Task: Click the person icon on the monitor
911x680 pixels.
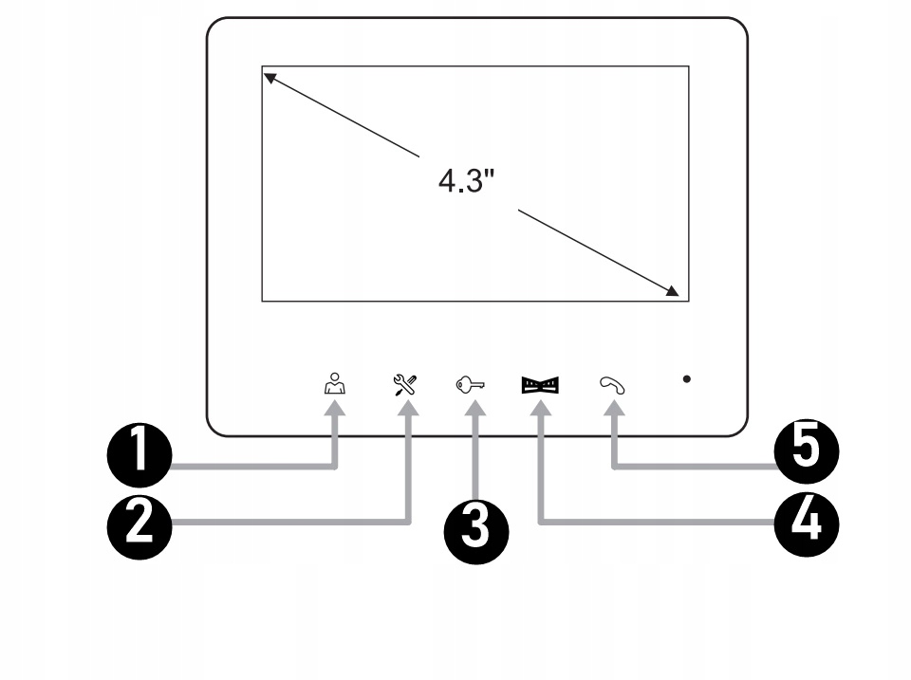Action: [332, 383]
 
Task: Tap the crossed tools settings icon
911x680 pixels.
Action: [406, 383]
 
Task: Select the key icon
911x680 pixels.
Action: [472, 384]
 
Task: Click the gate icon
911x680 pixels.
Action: [540, 384]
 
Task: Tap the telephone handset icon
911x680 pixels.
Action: [612, 384]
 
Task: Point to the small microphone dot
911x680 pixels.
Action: [686, 379]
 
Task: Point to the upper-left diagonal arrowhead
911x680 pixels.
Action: [270, 77]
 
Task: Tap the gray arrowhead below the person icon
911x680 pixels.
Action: [335, 410]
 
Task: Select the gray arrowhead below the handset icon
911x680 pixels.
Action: [614, 410]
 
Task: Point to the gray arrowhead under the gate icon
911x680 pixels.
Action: [540, 410]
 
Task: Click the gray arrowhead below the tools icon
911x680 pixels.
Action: [408, 410]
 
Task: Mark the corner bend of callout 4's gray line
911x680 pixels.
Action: [541, 520]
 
